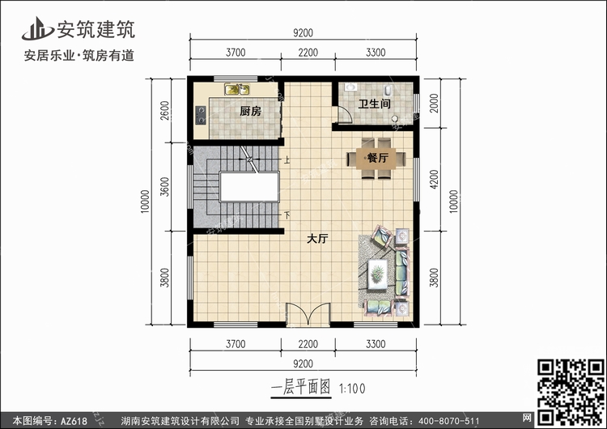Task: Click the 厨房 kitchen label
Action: coord(250,112)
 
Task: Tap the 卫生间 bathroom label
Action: coord(374,104)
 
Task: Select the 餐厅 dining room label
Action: coord(377,158)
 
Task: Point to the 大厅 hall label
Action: coord(317,239)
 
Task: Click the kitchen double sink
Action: coord(237,89)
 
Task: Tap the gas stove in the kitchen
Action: coord(201,115)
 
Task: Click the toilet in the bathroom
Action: coord(388,91)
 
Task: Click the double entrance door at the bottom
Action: coord(308,313)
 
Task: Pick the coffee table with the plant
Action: coord(377,274)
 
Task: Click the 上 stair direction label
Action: coord(287,159)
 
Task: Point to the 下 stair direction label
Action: coord(287,214)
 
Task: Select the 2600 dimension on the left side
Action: coord(165,110)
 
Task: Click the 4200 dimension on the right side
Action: coord(434,179)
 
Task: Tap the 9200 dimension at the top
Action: coord(303,33)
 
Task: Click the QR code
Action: coord(571,392)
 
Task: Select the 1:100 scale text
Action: coord(352,389)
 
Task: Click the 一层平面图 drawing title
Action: coord(301,388)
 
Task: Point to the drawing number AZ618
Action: coord(74,421)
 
